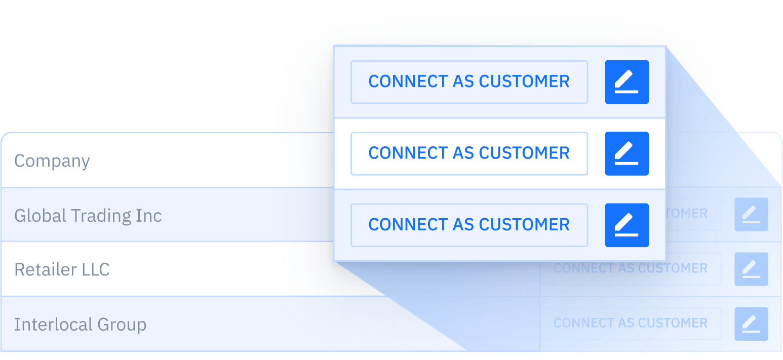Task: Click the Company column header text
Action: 52,161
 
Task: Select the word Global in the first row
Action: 40,216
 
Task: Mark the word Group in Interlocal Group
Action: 122,325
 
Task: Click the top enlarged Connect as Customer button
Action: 469,82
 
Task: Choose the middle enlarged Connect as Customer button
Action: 469,153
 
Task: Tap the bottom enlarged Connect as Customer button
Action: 469,225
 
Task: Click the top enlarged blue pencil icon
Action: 627,82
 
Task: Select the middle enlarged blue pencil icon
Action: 627,153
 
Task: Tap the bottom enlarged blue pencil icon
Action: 627,225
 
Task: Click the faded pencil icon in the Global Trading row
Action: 751,214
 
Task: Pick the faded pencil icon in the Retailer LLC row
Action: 751,269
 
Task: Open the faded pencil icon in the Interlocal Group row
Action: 751,324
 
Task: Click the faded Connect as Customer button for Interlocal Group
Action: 630,323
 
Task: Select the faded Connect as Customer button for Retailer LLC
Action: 630,268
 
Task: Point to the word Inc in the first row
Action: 149,216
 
